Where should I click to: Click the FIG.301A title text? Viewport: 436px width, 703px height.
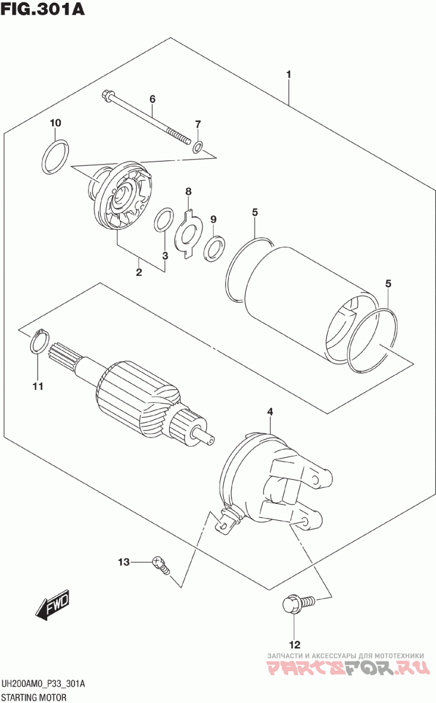tap(43, 9)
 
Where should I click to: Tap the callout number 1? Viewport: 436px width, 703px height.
tap(289, 74)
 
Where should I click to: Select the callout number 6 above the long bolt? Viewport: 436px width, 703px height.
tap(153, 99)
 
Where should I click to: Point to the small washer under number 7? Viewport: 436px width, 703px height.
tap(198, 146)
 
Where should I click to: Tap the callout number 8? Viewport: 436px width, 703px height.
tap(189, 191)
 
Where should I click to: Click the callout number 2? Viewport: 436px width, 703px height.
tap(139, 272)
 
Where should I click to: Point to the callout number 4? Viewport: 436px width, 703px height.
tap(269, 411)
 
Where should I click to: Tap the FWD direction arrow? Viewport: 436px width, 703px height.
tap(53, 604)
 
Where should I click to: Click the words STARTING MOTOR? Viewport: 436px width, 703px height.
tap(34, 698)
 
